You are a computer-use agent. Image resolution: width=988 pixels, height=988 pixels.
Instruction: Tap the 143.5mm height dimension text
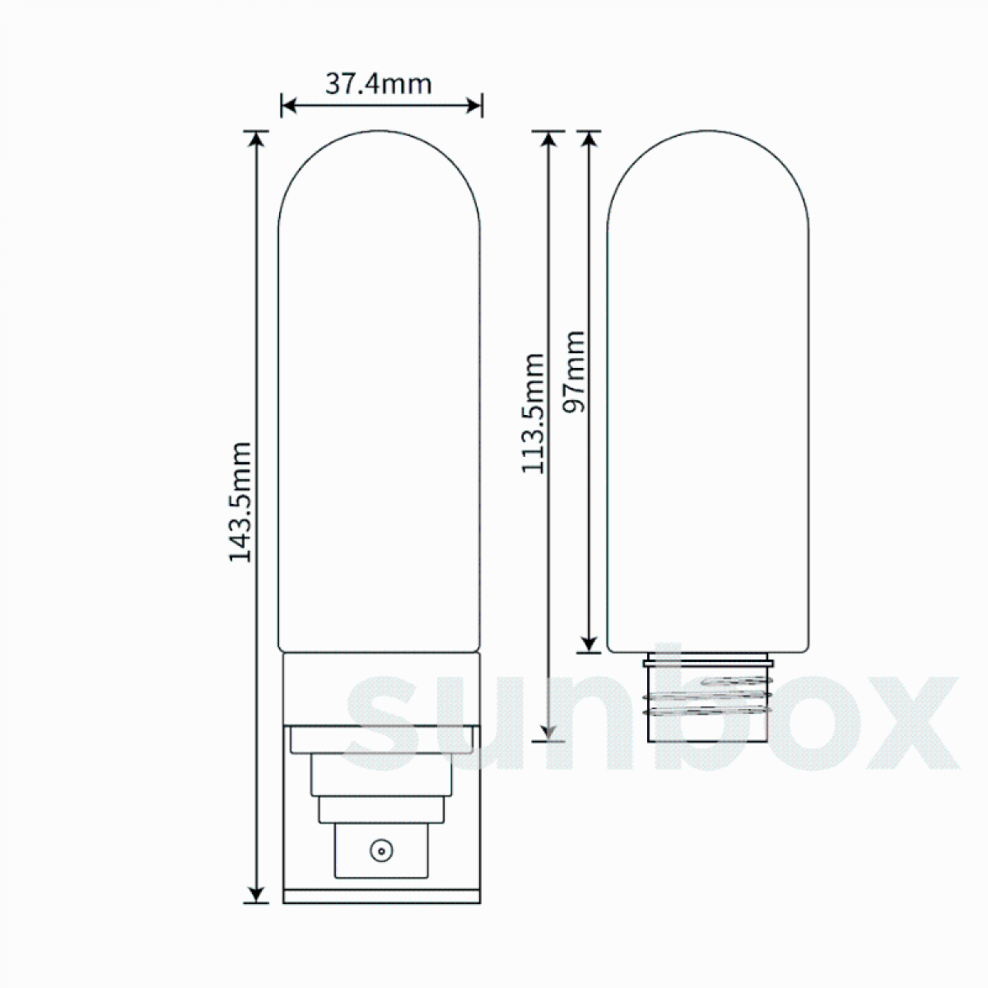click(x=239, y=502)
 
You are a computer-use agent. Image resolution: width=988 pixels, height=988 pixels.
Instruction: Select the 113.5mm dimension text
click(x=534, y=413)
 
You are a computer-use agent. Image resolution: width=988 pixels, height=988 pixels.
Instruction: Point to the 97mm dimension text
click(x=574, y=372)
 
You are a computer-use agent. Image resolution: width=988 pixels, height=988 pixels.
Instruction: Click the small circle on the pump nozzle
click(x=380, y=850)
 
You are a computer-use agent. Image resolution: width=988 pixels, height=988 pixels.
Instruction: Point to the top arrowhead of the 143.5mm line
click(x=258, y=138)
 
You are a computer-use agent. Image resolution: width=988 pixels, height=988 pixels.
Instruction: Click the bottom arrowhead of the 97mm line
click(x=588, y=644)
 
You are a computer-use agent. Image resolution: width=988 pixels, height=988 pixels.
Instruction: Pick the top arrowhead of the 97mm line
click(x=588, y=138)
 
